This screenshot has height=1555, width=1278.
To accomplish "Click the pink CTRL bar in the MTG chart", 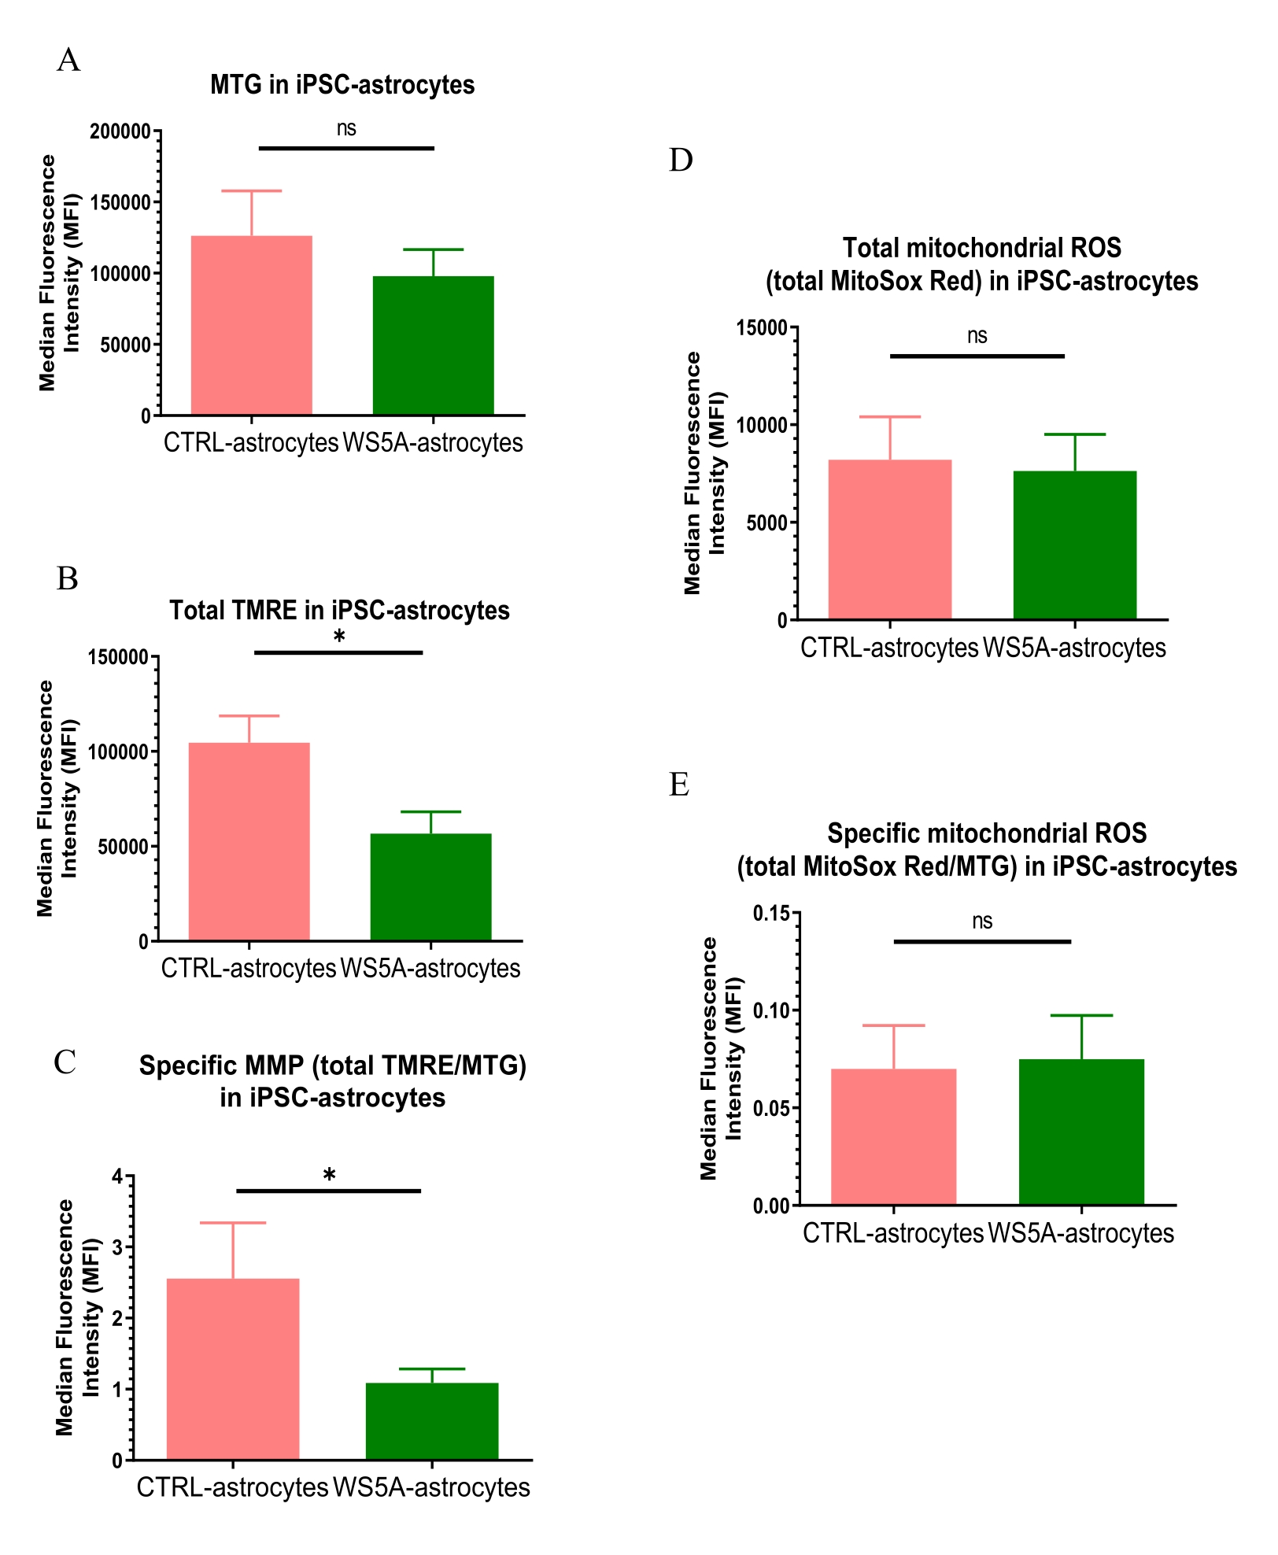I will coord(251,325).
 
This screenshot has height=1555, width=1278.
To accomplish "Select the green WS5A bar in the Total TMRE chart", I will coord(430,887).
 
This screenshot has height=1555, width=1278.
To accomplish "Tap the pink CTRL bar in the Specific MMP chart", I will coord(233,1368).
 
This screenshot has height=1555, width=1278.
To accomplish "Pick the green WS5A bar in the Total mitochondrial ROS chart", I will coord(1074,545).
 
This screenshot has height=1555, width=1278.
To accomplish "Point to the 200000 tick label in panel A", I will coord(120,131).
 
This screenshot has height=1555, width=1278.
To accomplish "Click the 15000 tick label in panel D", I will coord(761,328).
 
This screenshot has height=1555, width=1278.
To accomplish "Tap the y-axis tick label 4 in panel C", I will coord(118,1177).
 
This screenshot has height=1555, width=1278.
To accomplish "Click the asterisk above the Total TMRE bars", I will coord(339,637).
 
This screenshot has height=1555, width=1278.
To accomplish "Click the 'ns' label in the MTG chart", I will coord(346,129).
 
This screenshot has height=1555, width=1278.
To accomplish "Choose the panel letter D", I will coord(681,160).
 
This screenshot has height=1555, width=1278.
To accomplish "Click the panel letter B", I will coord(68,578).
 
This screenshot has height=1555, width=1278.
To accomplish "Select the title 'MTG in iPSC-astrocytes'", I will coord(342,85).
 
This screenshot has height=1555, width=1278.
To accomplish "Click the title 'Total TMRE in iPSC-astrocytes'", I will coord(339,610).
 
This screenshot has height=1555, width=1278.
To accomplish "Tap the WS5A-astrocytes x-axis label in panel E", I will coord(1080,1233).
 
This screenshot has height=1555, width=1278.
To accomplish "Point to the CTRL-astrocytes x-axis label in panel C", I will coord(232,1487).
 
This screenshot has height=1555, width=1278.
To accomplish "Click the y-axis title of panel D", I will coord(704,472).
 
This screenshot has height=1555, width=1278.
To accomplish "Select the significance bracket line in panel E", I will coord(982,941).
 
